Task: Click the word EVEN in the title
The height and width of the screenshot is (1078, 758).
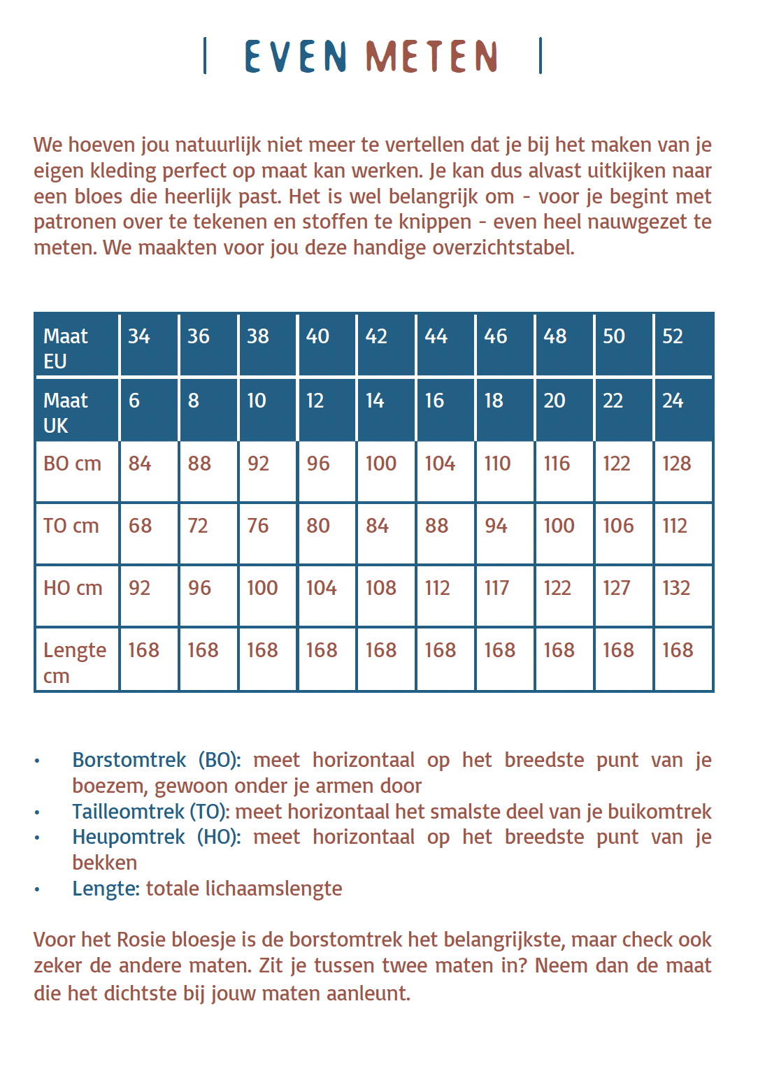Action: pyautogui.click(x=295, y=57)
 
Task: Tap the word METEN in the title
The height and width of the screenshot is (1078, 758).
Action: pyautogui.click(x=431, y=57)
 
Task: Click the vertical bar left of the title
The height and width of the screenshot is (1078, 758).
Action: pyautogui.click(x=205, y=56)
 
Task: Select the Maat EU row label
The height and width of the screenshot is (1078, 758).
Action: pyautogui.click(x=66, y=348)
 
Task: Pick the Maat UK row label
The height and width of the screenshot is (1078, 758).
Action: pyautogui.click(x=66, y=412)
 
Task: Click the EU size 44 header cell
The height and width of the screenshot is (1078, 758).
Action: pyautogui.click(x=436, y=336)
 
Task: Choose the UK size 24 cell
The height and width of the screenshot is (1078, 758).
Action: pyautogui.click(x=673, y=401)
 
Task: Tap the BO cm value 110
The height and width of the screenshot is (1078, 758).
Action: pyautogui.click(x=497, y=463)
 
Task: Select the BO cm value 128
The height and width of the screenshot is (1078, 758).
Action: pyautogui.click(x=676, y=463)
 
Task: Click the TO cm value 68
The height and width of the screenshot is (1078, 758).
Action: pyautogui.click(x=140, y=526)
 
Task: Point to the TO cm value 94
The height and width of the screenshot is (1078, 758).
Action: pyautogui.click(x=496, y=526)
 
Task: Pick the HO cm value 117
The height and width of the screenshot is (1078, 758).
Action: pyautogui.click(x=496, y=588)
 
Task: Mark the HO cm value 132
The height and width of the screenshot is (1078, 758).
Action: pyautogui.click(x=676, y=588)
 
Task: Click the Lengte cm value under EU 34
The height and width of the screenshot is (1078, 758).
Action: pyautogui.click(x=143, y=650)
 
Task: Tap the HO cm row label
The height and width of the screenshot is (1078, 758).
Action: pyautogui.click(x=73, y=588)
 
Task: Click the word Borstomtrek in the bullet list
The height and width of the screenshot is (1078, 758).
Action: pyautogui.click(x=129, y=760)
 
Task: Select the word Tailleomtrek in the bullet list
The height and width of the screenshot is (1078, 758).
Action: pyautogui.click(x=128, y=812)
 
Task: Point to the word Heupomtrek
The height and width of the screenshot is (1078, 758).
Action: pyautogui.click(x=129, y=837)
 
